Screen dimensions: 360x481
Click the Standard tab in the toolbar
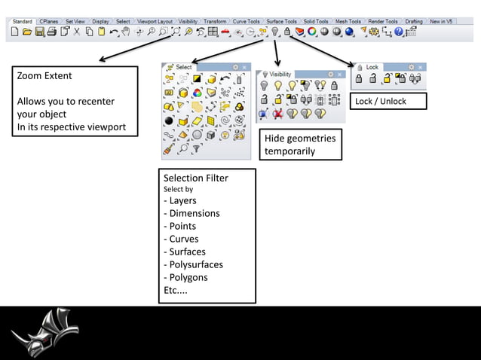click(x=22, y=21)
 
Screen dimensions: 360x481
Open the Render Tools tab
click(x=382, y=21)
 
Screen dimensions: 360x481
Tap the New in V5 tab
click(x=441, y=21)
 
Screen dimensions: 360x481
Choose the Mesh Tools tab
click(x=348, y=21)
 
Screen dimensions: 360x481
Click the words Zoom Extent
click(x=44, y=76)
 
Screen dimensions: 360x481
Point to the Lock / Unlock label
click(x=380, y=102)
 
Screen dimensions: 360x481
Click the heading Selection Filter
click(x=196, y=178)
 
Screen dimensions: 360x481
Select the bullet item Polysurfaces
click(x=195, y=264)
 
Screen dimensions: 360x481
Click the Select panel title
click(x=184, y=67)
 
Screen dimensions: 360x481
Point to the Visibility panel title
click(x=280, y=75)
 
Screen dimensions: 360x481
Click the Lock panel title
click(x=372, y=67)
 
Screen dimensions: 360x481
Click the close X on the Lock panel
click(x=420, y=67)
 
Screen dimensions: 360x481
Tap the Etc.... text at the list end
click(x=176, y=290)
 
